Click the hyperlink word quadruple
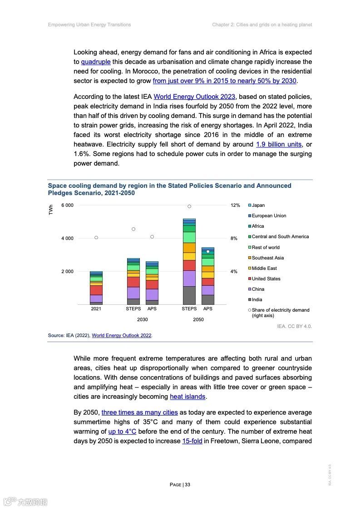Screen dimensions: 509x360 pyautogui.click(x=96, y=62)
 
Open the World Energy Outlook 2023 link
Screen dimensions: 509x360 pyautogui.click(x=194, y=97)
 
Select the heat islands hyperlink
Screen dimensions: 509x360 pyautogui.click(x=187, y=396)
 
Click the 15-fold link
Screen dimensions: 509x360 pyautogui.click(x=192, y=441)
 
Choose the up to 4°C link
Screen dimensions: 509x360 pyautogui.click(x=122, y=431)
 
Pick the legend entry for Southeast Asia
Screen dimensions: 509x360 pyautogui.click(x=267, y=258)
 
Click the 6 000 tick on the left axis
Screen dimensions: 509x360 pyautogui.click(x=67, y=206)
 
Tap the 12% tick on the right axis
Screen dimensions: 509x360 pyautogui.click(x=235, y=206)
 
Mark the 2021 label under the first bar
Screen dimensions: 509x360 pyautogui.click(x=96, y=309)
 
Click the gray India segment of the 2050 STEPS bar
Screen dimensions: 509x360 pyautogui.click(x=189, y=295)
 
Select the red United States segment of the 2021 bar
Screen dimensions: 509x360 pyautogui.click(x=96, y=290)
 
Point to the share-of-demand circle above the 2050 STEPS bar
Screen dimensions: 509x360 pyautogui.click(x=189, y=206)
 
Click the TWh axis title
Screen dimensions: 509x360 pyautogui.click(x=51, y=210)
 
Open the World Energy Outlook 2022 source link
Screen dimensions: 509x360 pyautogui.click(x=122, y=336)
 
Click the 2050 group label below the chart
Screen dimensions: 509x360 pyautogui.click(x=198, y=319)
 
